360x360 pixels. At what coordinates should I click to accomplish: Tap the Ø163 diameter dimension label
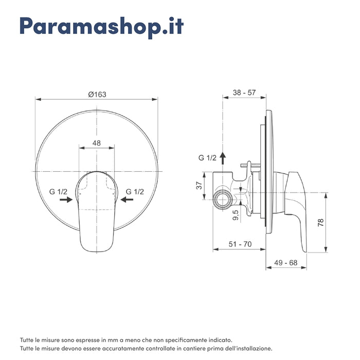tap(97, 94)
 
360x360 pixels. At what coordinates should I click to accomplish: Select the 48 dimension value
tap(96, 143)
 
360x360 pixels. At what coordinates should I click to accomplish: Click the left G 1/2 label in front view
tap(59, 191)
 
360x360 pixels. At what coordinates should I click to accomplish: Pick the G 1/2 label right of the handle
tap(135, 191)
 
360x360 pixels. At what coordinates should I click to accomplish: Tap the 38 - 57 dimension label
tap(244, 93)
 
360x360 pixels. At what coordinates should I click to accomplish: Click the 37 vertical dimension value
tap(200, 186)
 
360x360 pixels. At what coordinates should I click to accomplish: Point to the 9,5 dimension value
tap(236, 215)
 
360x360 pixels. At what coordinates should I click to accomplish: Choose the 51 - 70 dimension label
tap(240, 244)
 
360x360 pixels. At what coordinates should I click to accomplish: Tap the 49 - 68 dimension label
tap(286, 263)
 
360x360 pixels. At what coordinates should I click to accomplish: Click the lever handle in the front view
tap(96, 216)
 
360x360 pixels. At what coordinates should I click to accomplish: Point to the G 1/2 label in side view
tap(208, 157)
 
